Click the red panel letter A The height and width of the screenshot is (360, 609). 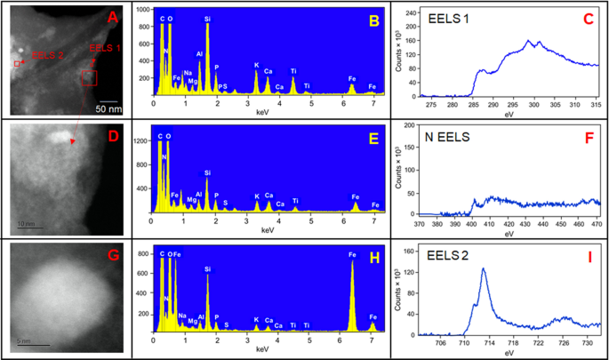(x=112, y=17)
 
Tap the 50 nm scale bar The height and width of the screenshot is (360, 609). (x=108, y=100)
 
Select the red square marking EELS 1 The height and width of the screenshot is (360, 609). (x=88, y=79)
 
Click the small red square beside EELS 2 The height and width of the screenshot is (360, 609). (x=17, y=64)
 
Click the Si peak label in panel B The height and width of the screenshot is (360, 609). (x=207, y=18)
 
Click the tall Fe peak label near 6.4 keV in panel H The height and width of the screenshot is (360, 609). (x=352, y=254)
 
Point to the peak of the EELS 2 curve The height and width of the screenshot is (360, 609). (x=484, y=268)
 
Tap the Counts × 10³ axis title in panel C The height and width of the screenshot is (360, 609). (x=398, y=53)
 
